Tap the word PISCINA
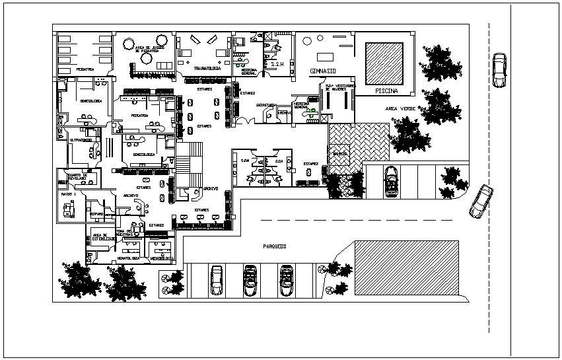tap(386, 90)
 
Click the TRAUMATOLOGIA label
tap(205, 68)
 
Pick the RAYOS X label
tap(69, 194)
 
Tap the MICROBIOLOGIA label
tap(161, 259)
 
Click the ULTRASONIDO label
tap(80, 140)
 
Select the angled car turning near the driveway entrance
tap(481, 201)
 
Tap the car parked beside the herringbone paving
tap(392, 180)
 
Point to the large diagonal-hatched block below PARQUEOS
tap(406, 267)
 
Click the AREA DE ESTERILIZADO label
tap(100, 237)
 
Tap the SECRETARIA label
tap(266, 104)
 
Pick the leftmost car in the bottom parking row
tap(217, 280)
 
